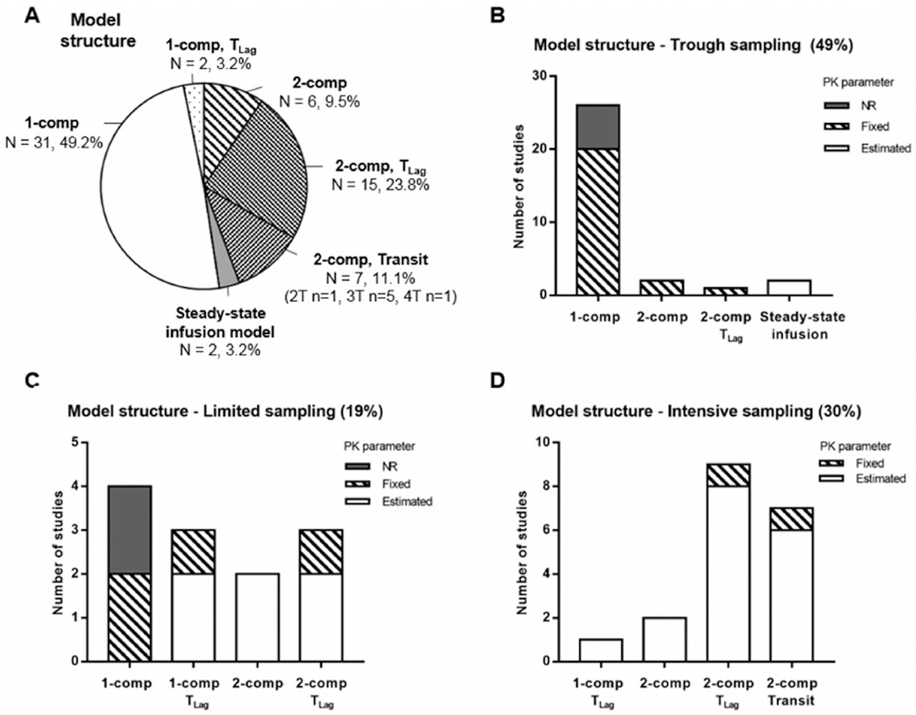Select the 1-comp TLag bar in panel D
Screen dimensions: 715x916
tap(601, 650)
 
